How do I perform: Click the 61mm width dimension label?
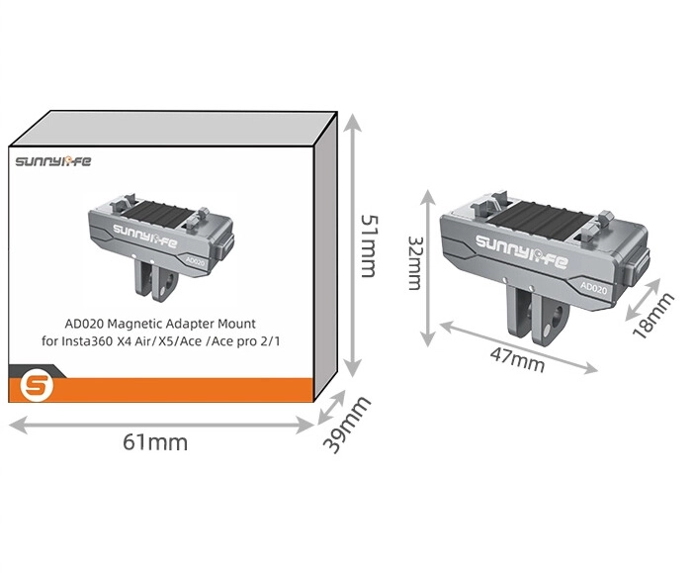(155, 442)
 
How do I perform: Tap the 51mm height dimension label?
(369, 246)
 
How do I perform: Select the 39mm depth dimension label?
(346, 425)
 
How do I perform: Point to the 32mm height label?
(415, 263)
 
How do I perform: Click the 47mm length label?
(517, 360)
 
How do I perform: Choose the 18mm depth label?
(652, 315)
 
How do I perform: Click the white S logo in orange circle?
(37, 386)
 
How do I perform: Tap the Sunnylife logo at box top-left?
(53, 161)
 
